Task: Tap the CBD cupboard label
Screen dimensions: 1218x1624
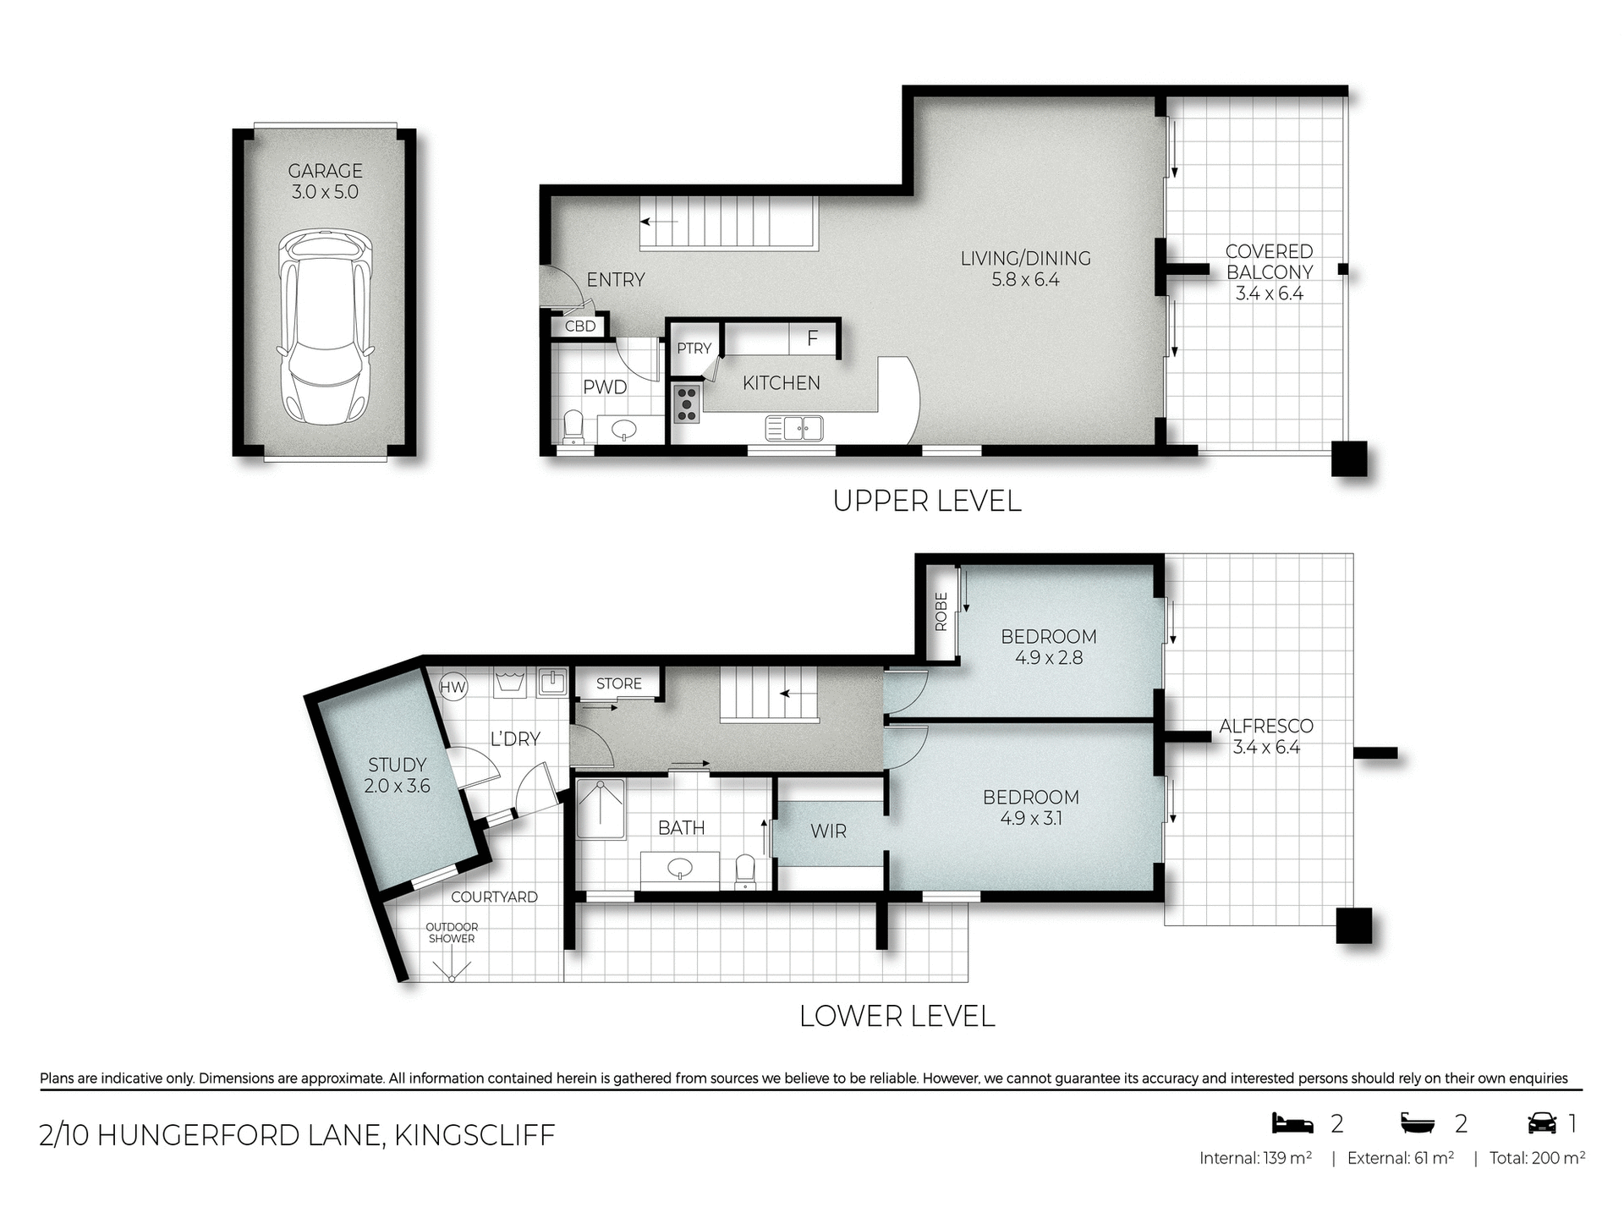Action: (x=580, y=326)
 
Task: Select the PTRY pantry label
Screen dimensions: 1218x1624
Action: (x=694, y=348)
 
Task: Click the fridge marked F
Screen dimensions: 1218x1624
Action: (x=813, y=339)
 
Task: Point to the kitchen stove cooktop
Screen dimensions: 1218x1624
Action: (x=686, y=404)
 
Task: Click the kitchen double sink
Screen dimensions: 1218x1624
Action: (x=794, y=429)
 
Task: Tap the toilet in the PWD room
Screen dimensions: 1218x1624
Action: (x=573, y=427)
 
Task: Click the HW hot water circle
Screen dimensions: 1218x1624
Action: (x=453, y=687)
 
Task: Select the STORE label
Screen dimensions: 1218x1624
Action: (x=618, y=683)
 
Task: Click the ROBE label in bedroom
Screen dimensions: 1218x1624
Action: (x=941, y=612)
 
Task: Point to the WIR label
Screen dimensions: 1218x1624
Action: (x=828, y=831)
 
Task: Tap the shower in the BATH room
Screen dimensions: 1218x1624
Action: (x=601, y=809)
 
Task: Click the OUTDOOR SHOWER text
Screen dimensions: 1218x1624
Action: (x=452, y=933)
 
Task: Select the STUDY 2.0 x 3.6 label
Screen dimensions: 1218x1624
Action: (x=397, y=776)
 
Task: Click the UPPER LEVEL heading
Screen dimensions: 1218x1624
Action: (x=927, y=501)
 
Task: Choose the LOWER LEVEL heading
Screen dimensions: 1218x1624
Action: (x=897, y=1016)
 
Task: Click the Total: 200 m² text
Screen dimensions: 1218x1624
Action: (x=1537, y=1158)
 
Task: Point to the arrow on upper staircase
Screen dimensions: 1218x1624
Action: (x=659, y=222)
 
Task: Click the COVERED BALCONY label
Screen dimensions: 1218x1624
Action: (x=1269, y=272)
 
